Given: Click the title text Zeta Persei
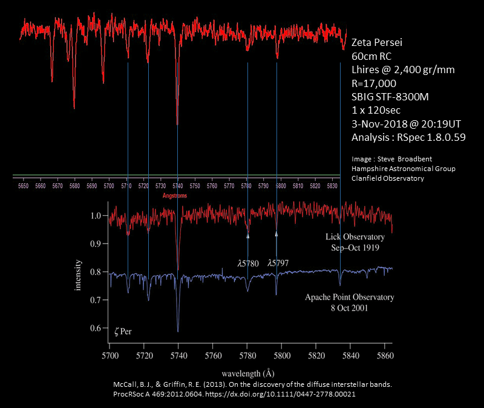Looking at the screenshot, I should tap(377, 43).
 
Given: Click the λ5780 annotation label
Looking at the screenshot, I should tap(248, 263).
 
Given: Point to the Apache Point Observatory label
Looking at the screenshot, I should tap(349, 297).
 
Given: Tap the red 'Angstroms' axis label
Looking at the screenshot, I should tap(175, 196).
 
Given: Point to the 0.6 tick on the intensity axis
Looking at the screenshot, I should tap(96, 328).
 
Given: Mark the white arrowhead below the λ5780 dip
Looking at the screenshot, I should tap(247, 236).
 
